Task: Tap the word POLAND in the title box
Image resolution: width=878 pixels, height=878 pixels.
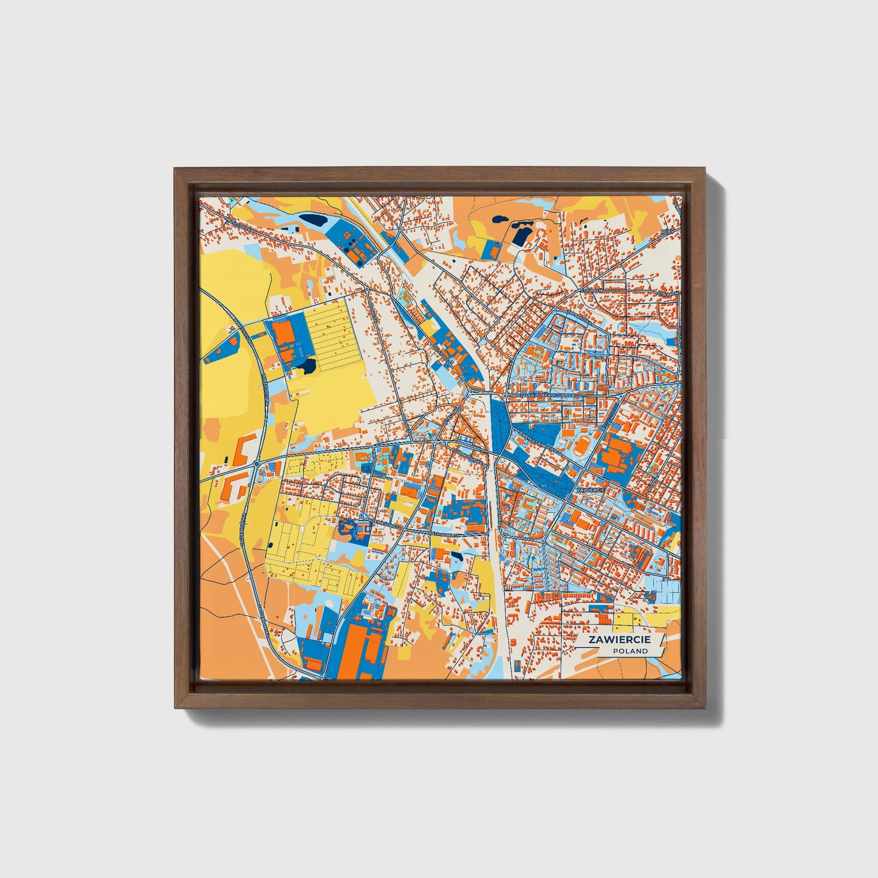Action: pyautogui.click(x=630, y=651)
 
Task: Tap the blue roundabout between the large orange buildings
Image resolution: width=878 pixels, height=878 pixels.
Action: pyautogui.click(x=256, y=464)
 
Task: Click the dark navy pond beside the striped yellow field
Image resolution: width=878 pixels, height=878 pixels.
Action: pyautogui.click(x=308, y=366)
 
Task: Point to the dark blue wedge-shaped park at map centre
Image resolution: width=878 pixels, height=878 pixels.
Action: pyautogui.click(x=501, y=420)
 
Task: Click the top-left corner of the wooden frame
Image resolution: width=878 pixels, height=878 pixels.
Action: pyautogui.click(x=175, y=170)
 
